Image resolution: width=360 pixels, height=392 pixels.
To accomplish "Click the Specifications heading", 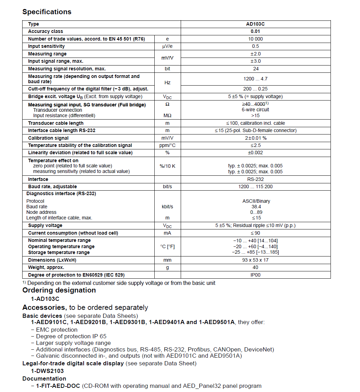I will click(x=47, y=12).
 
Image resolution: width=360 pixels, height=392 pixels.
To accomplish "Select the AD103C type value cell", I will click(x=255, y=24).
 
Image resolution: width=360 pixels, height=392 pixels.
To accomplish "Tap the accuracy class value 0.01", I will click(x=255, y=32).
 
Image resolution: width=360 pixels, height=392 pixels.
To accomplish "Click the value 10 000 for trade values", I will click(x=255, y=39).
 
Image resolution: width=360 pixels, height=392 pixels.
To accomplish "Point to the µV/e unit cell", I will click(x=168, y=46).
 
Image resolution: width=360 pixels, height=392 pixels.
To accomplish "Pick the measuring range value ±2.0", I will click(x=255, y=54).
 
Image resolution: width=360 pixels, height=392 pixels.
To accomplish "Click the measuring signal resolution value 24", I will click(x=256, y=69).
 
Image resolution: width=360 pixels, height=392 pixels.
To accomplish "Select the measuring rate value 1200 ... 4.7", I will click(x=255, y=79).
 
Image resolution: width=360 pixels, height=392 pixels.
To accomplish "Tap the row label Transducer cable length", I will click(x=56, y=123).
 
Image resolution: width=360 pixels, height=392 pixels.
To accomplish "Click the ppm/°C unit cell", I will click(x=168, y=146).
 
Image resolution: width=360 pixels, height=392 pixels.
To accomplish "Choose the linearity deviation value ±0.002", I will click(x=255, y=153).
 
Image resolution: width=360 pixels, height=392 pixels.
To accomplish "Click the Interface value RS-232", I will click(x=255, y=180).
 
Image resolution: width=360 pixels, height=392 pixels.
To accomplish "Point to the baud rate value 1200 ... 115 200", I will click(x=255, y=187).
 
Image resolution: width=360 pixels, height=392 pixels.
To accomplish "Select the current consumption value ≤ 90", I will click(x=255, y=233).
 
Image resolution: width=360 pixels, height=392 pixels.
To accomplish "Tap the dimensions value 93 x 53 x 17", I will click(x=255, y=260).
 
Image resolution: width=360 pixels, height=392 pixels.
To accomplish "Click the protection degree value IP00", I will click(x=255, y=275).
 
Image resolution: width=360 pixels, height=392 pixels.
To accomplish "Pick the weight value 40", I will click(x=255, y=268).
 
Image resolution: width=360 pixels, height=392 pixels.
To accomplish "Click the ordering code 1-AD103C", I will click(x=45, y=299).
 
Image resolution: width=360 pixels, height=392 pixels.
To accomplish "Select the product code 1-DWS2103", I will click(x=47, y=371).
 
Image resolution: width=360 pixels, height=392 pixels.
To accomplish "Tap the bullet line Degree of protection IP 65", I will click(x=71, y=336).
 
